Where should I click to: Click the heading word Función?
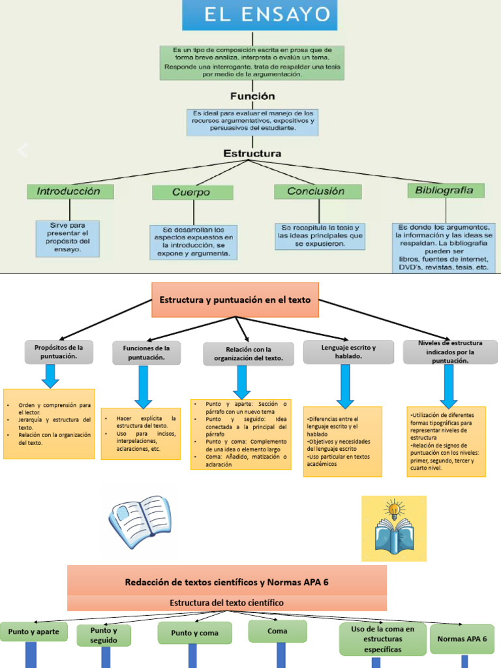coord(252,95)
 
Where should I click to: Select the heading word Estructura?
coord(252,153)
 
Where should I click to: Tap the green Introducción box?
coord(70,192)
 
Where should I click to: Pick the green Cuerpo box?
coord(192,192)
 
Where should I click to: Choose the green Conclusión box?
coord(318,192)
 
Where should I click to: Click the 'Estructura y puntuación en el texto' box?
coord(235,300)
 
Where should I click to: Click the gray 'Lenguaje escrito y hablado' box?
coord(348,352)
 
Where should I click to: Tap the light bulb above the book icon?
coord(393,508)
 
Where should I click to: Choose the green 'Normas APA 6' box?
coord(462,639)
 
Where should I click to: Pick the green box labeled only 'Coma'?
coord(277,631)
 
